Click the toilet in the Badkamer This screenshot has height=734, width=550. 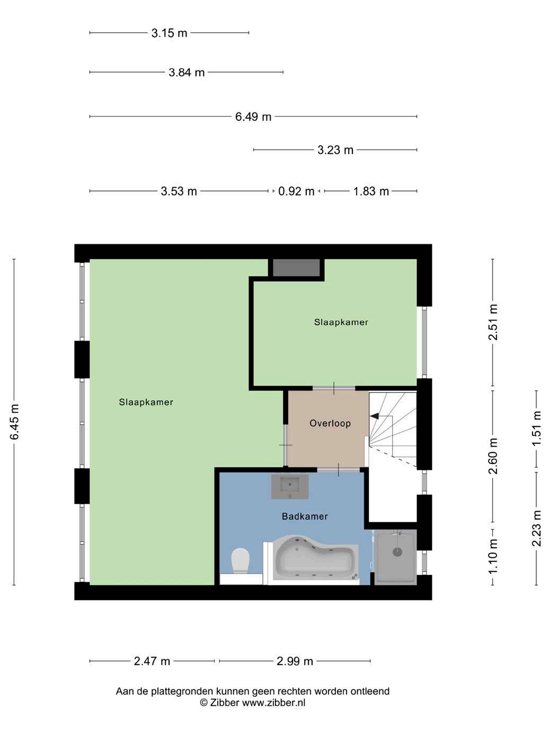point(241,561)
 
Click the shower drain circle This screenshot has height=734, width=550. point(397,552)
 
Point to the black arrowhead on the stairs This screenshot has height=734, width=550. point(374,416)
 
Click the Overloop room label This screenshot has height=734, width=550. point(330,423)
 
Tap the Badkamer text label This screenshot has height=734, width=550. point(305,517)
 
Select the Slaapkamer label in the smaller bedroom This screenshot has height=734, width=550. point(341,322)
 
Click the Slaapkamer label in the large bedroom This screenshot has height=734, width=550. point(146,402)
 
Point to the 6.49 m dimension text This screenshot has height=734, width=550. point(253,117)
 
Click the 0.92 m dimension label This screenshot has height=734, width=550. point(296,191)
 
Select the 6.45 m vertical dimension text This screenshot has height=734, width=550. point(15,422)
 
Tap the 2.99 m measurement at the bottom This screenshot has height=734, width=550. point(295,661)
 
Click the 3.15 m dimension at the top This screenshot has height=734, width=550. point(170,33)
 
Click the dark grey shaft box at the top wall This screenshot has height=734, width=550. point(296,268)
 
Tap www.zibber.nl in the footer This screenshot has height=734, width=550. point(274,703)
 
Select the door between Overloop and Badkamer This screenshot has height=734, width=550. point(338,470)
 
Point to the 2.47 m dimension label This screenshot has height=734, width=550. point(152,661)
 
